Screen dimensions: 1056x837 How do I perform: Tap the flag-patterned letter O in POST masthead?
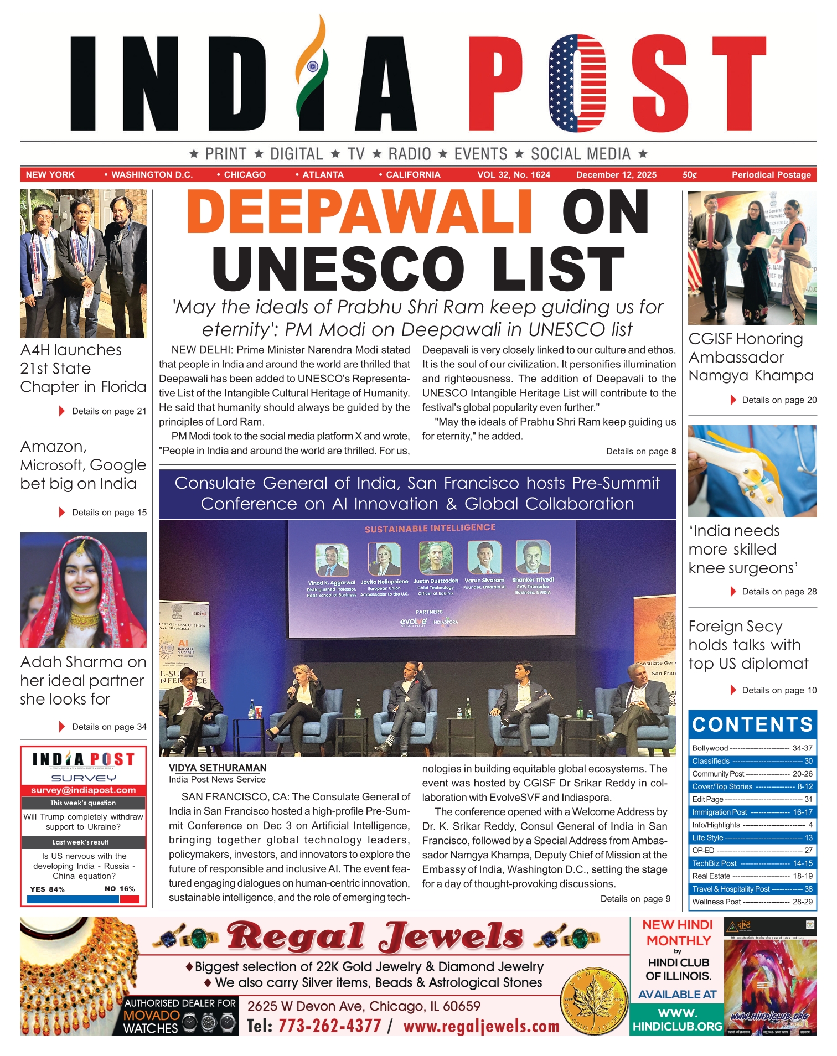(x=577, y=83)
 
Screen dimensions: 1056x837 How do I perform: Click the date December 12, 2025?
(x=616, y=175)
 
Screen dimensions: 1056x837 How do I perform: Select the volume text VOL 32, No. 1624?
(x=514, y=175)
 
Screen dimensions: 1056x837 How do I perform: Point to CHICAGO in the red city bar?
(x=244, y=175)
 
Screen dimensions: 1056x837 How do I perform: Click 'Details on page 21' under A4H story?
(x=109, y=411)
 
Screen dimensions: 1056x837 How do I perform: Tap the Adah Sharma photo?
(x=83, y=590)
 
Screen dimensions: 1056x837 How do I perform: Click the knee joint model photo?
(x=752, y=471)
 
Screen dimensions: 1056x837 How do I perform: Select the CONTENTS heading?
(x=752, y=724)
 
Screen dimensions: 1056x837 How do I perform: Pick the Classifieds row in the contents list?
(x=752, y=761)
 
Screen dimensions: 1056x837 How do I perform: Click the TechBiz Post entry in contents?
(x=752, y=863)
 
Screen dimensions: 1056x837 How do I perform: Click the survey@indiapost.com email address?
(x=83, y=790)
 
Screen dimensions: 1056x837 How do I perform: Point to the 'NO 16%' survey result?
(x=120, y=889)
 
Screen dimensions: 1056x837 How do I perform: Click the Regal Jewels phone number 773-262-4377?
(x=329, y=1026)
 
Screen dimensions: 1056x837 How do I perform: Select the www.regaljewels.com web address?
(x=481, y=1026)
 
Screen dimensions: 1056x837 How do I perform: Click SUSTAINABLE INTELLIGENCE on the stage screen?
(x=430, y=528)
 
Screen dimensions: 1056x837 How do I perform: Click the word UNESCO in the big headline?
(x=338, y=268)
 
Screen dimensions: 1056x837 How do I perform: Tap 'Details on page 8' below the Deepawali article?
(x=640, y=451)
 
